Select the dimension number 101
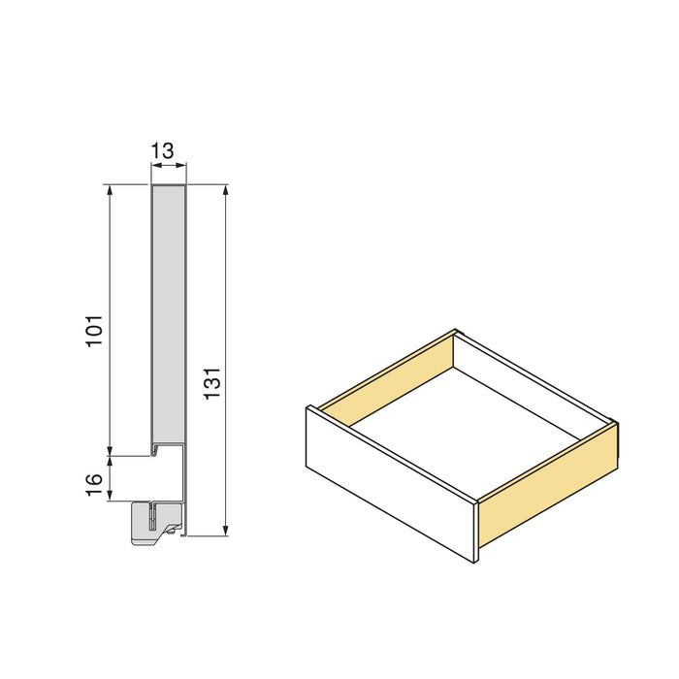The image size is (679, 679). tap(95, 332)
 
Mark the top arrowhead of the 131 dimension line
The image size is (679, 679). tap(226, 191)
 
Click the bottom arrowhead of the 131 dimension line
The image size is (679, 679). tap(226, 530)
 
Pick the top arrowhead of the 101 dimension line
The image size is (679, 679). tap(111, 191)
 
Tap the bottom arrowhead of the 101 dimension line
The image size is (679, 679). tap(111, 447)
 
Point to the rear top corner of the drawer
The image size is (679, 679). tap(456, 333)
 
